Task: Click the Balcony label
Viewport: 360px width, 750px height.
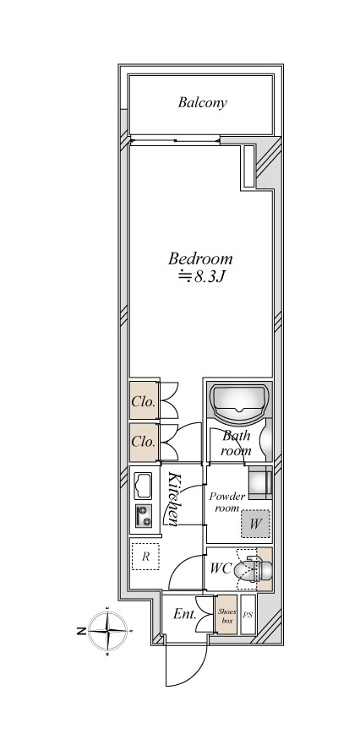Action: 202,103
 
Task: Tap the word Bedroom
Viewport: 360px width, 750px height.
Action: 200,258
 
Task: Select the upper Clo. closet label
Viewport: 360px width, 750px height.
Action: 144,402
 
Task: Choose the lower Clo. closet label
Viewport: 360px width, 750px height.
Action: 144,442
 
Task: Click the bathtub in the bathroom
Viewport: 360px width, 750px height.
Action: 239,403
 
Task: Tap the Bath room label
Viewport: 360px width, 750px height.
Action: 236,443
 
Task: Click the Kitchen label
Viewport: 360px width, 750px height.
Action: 173,499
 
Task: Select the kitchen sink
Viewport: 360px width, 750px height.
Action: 143,486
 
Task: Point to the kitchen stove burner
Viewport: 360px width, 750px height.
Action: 143,515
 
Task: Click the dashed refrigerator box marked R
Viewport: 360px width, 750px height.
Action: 145,557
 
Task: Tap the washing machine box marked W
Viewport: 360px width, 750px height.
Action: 255,524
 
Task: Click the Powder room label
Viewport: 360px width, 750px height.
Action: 227,502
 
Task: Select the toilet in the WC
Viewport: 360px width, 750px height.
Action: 254,569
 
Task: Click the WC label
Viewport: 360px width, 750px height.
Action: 221,568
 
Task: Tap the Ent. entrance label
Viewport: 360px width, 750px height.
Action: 185,614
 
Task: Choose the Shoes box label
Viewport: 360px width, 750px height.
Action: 226,616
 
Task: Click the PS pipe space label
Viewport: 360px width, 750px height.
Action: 248,615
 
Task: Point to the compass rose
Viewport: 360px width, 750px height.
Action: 107,632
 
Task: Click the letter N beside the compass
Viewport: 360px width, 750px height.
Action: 81,632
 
